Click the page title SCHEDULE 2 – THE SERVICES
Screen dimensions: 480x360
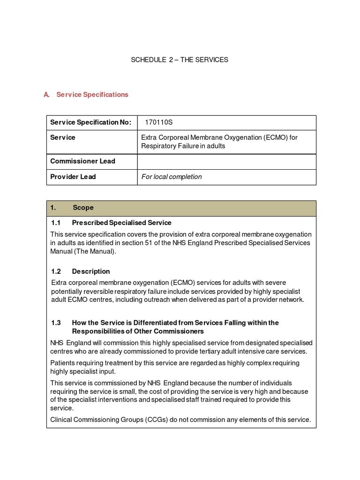(x=180, y=60)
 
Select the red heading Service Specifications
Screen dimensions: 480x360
(x=92, y=95)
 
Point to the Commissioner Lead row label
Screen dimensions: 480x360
(x=82, y=161)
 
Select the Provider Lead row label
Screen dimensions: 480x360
(x=73, y=177)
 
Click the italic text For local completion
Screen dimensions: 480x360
(x=172, y=177)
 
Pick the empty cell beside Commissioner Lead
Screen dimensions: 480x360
(x=226, y=161)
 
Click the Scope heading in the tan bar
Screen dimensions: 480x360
(x=83, y=208)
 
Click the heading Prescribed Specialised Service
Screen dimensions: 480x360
(x=121, y=223)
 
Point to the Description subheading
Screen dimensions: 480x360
(x=91, y=271)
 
